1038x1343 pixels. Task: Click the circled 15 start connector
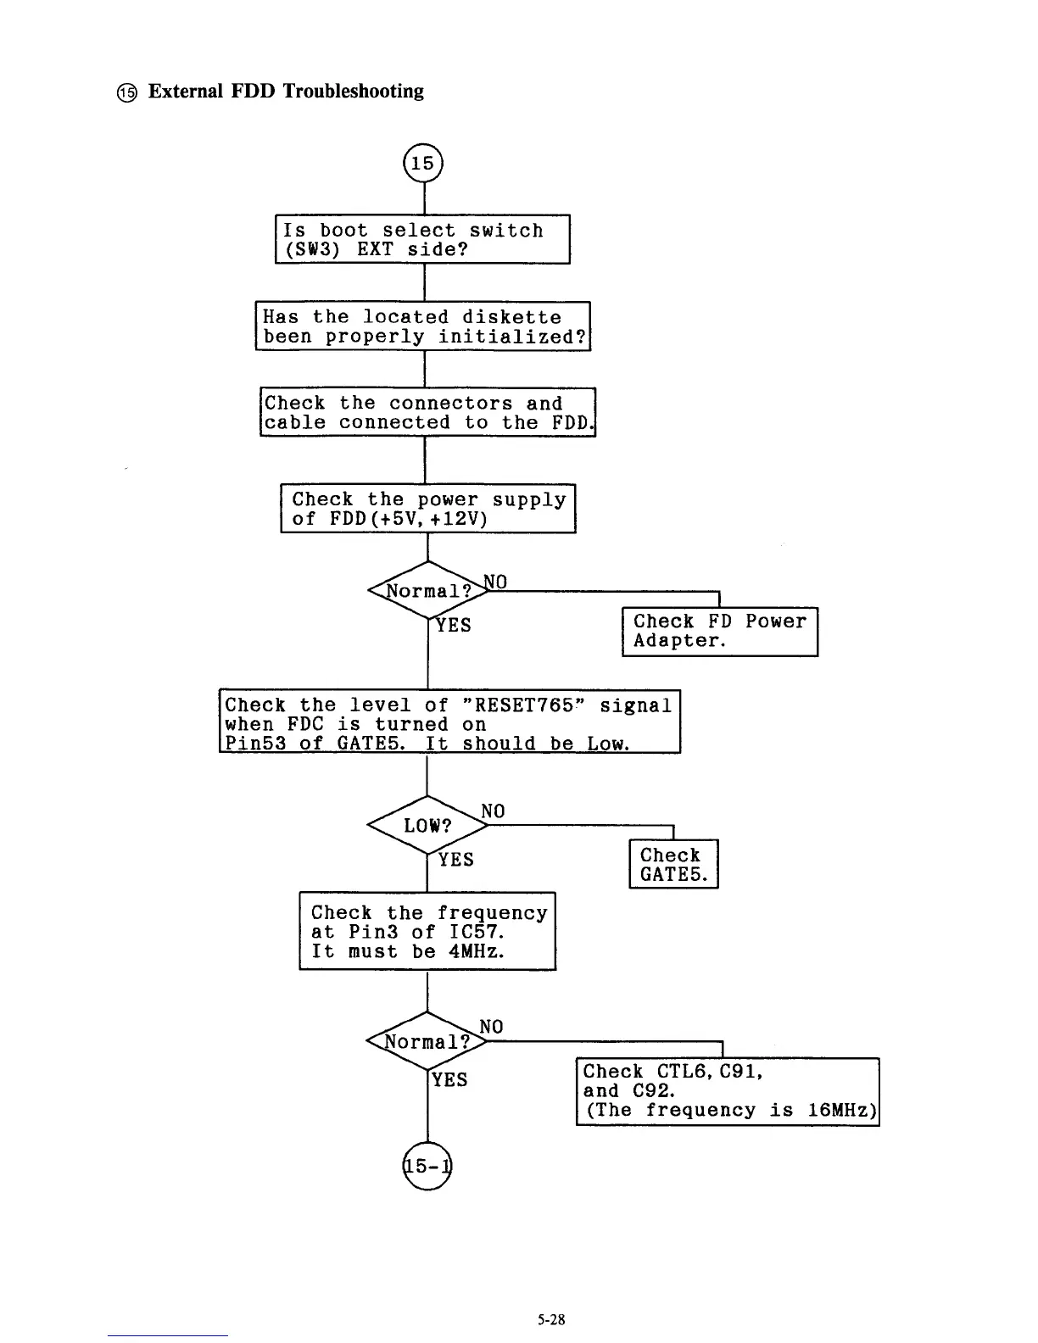click(423, 163)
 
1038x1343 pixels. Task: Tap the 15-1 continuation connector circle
click(427, 1167)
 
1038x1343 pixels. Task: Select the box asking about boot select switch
click(422, 240)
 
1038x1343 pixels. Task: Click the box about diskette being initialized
click(422, 326)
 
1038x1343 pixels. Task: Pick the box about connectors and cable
click(427, 413)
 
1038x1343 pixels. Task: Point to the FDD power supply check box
click(428, 509)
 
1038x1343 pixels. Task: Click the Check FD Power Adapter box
click(719, 631)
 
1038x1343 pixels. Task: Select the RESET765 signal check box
click(449, 722)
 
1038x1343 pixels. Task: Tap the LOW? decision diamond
click(427, 825)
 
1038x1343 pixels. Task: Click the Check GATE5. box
click(673, 864)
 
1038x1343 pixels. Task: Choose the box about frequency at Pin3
click(427, 931)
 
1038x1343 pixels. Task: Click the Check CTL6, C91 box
click(728, 1091)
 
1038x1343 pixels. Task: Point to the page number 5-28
click(550, 1319)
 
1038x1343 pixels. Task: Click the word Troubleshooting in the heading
click(353, 91)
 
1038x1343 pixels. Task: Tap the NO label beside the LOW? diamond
click(493, 811)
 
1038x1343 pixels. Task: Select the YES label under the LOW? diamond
click(455, 860)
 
